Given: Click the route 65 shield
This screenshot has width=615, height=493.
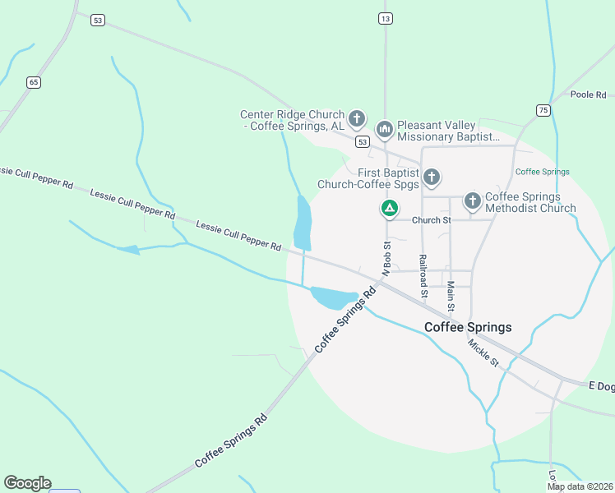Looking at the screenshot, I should click(33, 81).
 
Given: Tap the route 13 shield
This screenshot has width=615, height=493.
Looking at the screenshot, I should click(385, 17).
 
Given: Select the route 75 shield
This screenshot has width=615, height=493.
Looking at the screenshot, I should click(543, 109).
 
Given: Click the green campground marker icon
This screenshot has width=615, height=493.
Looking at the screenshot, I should click(389, 210).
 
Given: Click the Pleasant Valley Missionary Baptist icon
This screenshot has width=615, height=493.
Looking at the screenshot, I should click(384, 129).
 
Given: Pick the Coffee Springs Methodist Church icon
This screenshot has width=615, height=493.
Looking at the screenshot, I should click(472, 200).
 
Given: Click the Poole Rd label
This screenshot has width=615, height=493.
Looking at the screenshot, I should click(588, 94).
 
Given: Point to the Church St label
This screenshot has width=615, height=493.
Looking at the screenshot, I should click(432, 220).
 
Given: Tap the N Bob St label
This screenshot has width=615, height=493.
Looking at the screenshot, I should click(385, 257).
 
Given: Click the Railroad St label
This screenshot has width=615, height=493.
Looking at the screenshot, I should click(423, 275).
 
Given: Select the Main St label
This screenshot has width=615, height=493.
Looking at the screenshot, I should click(451, 296).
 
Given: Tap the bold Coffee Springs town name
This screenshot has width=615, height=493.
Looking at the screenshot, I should click(468, 327).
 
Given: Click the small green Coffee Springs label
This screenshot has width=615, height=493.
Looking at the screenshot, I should click(542, 172).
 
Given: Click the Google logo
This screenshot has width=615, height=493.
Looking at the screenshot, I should click(27, 483).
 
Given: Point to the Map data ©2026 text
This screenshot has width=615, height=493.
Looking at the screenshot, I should click(580, 486).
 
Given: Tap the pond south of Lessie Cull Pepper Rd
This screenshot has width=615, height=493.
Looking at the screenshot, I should click(333, 297).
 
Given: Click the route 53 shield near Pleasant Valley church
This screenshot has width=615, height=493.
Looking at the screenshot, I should click(362, 141).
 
